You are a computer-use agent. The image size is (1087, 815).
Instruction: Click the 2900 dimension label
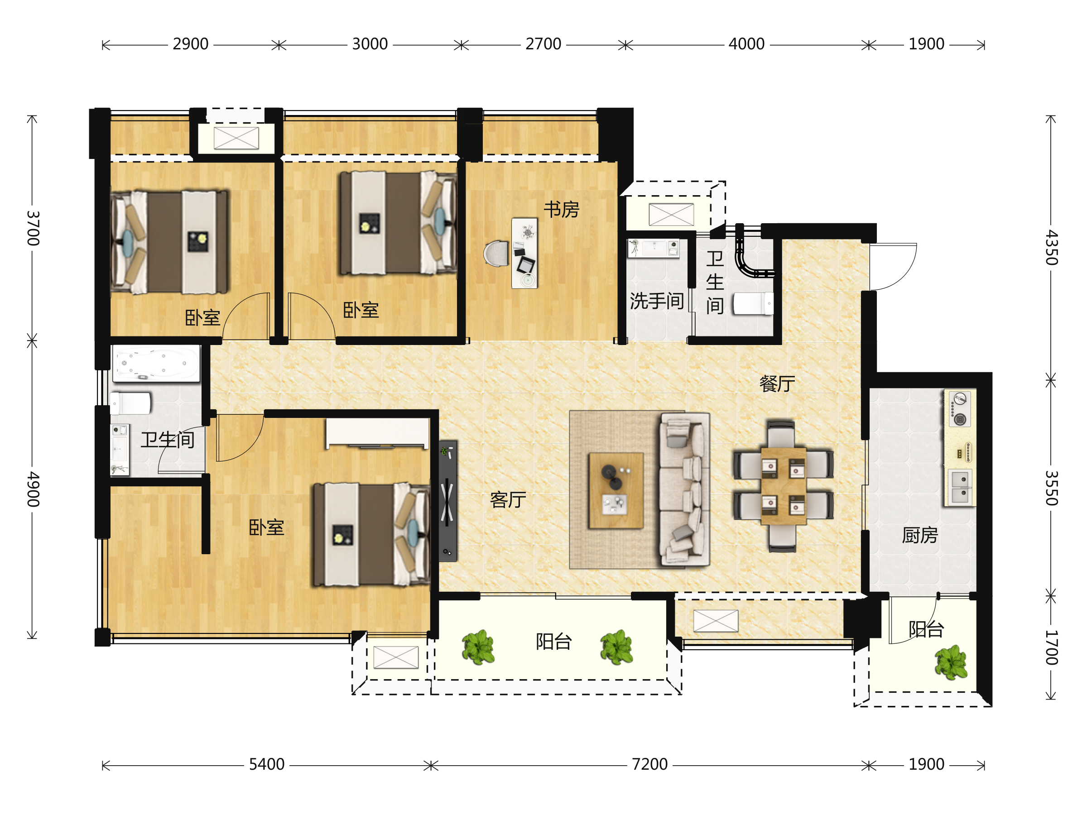pos(191,44)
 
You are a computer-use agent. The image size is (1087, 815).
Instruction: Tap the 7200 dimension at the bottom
pos(649,764)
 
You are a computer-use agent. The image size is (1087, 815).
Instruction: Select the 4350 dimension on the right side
pos(1051,248)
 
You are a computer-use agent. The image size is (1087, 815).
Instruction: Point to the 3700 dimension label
pos(33,229)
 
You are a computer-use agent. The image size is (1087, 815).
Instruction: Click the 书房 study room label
pos(561,209)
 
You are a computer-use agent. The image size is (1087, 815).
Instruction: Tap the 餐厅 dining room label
pos(777,384)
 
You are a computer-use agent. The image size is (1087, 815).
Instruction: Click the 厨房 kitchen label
pos(920,535)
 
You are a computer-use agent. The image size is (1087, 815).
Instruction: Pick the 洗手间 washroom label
pos(657,301)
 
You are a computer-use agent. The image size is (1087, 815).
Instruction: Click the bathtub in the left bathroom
pos(156,363)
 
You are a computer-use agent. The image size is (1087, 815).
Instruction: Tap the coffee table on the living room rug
pos(616,490)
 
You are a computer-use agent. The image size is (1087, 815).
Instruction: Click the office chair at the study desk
pos(496,254)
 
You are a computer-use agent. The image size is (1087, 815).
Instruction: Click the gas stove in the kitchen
pos(960,409)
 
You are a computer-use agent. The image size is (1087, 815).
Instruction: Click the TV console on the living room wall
pos(447,501)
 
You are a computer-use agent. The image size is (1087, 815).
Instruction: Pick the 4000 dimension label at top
pos(746,44)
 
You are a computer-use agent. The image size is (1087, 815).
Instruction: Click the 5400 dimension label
pos(267,764)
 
